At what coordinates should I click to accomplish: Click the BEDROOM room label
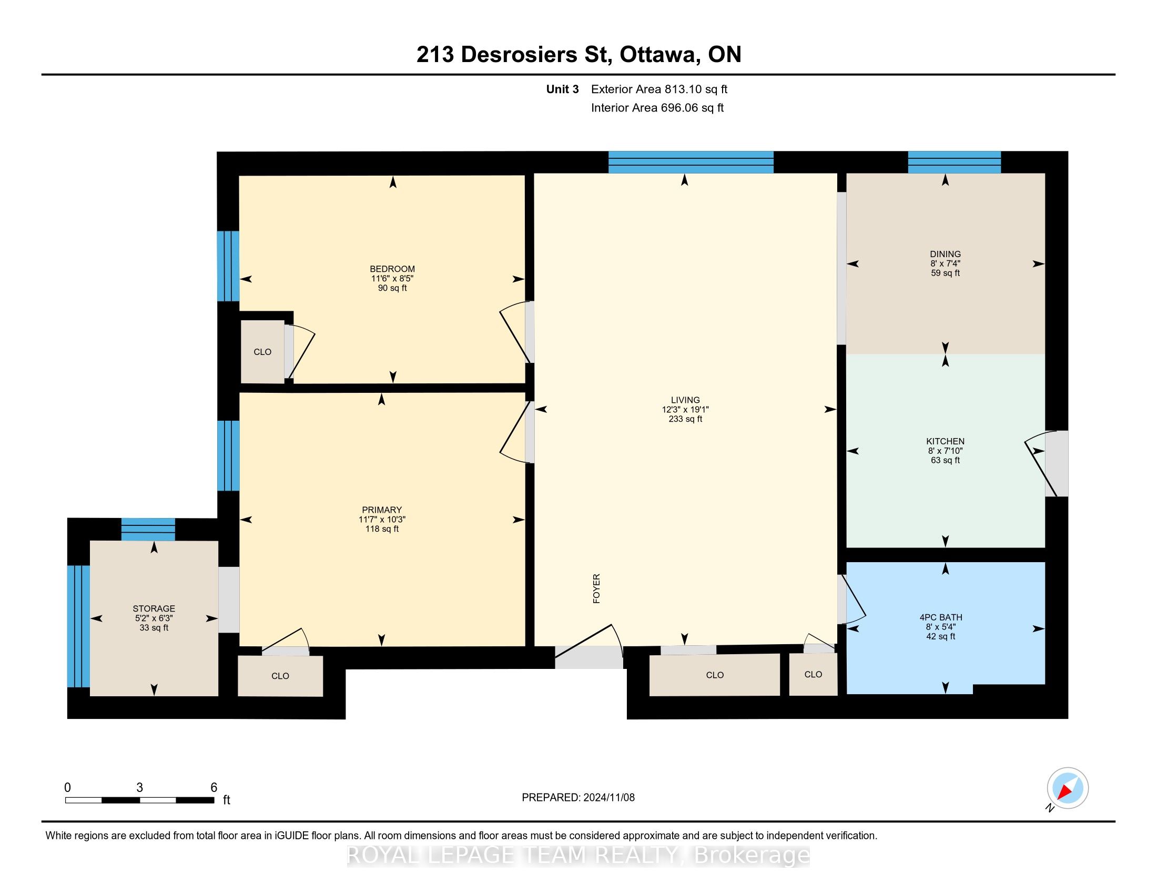[x=392, y=269]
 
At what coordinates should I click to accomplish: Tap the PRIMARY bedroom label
[x=381, y=510]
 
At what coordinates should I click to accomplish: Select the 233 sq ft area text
[x=685, y=419]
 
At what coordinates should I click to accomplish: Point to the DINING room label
[x=945, y=253]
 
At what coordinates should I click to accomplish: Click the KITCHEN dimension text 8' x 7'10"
[x=945, y=451]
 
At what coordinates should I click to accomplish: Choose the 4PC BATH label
[x=941, y=617]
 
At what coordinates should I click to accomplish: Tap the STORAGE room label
[x=154, y=608]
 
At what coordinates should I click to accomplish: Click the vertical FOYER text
[x=596, y=588]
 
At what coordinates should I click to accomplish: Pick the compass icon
[x=1068, y=788]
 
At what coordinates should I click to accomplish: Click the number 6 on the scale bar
[x=214, y=788]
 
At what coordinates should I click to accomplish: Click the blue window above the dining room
[x=954, y=162]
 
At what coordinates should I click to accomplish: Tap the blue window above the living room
[x=691, y=162]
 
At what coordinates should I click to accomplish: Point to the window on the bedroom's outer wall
[x=228, y=266]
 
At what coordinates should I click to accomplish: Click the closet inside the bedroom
[x=262, y=352]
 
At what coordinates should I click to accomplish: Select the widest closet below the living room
[x=715, y=675]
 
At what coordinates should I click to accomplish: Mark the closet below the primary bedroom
[x=280, y=676]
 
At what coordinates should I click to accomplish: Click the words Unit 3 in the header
[x=562, y=89]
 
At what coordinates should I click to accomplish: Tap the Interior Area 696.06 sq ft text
[x=657, y=107]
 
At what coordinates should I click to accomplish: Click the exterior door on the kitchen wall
[x=1056, y=463]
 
